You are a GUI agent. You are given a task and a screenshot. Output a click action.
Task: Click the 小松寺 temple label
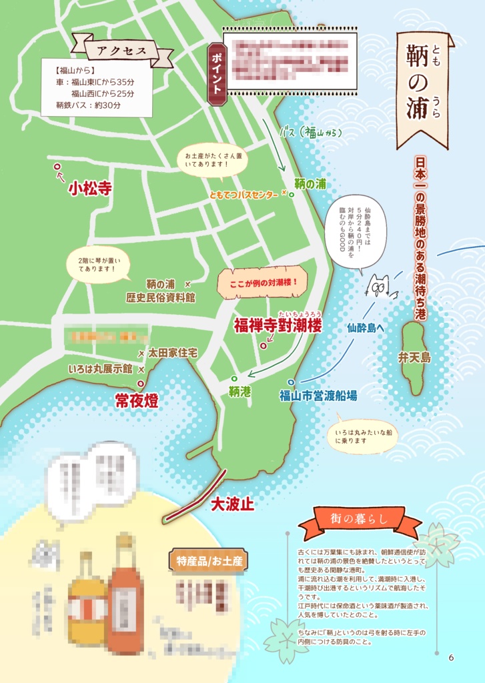89,189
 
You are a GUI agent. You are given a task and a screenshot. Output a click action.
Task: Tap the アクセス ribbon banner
122,51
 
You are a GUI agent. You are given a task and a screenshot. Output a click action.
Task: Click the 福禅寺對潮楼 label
278,325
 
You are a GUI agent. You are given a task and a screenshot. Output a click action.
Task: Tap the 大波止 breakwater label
232,504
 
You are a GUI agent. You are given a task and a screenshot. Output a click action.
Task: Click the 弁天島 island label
414,358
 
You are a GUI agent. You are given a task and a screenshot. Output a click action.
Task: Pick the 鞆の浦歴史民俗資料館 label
160,291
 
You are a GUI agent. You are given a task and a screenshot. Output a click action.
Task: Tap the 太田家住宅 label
172,352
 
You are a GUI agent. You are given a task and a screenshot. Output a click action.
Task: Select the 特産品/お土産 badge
209,560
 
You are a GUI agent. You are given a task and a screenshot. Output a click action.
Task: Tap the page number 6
451,657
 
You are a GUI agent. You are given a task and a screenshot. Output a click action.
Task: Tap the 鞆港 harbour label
239,392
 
